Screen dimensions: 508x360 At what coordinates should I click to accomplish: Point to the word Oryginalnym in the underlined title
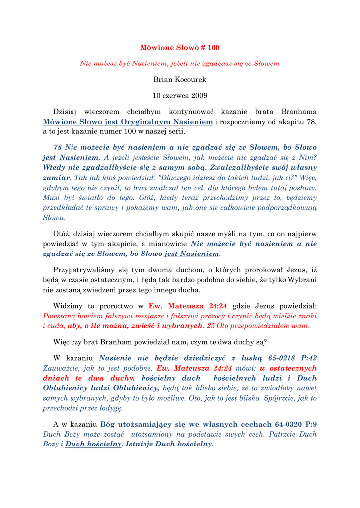[143, 122]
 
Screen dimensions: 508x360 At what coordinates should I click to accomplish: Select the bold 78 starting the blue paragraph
[57, 147]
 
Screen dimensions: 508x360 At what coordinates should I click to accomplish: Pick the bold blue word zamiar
[56, 177]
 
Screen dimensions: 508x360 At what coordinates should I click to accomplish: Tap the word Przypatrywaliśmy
[84, 270]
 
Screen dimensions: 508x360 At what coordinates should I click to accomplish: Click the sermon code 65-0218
[281, 357]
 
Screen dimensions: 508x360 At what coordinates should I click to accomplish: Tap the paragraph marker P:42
[309, 357]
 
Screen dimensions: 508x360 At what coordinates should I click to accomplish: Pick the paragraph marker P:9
[311, 424]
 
